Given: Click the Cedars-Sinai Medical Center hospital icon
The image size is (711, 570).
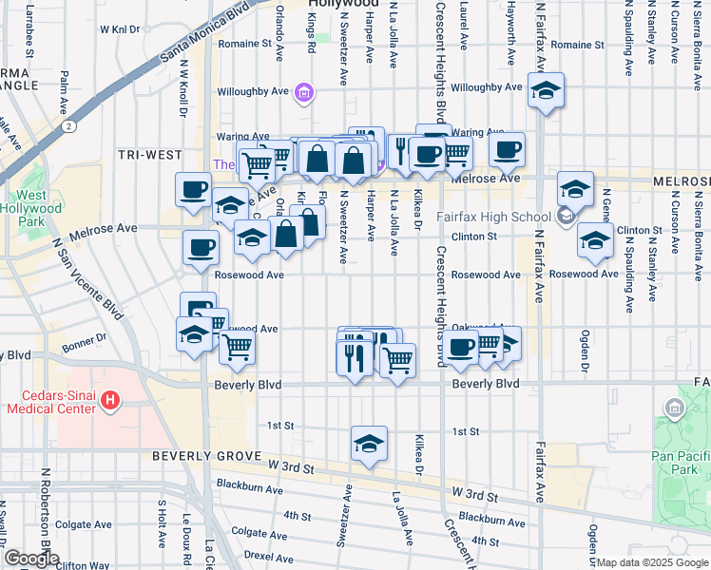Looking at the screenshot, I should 109,401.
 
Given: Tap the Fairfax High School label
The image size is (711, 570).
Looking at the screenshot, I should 493,217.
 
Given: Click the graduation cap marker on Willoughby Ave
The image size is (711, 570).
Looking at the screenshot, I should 545,91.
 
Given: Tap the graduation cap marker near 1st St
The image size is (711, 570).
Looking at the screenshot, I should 369,444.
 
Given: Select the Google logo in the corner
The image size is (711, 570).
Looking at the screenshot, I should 32,559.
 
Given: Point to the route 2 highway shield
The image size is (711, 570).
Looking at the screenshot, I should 68,124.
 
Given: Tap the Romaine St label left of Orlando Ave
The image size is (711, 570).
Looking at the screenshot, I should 239,44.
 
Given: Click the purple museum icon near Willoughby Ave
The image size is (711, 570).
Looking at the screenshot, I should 303,92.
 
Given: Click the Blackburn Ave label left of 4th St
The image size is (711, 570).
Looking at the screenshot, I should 249,490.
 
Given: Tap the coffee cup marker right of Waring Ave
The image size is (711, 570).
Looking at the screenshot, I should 507,148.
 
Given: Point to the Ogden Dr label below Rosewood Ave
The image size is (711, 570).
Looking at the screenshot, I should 586,352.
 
